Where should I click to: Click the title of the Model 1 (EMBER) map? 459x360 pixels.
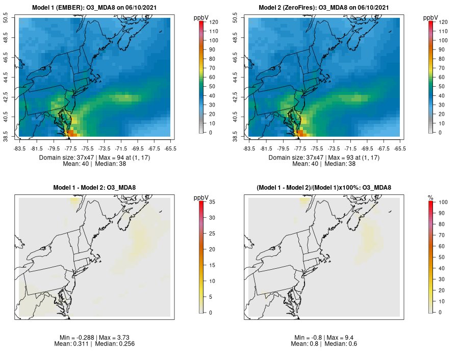click(96, 8)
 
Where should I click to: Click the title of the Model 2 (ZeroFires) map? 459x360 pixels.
click(325, 8)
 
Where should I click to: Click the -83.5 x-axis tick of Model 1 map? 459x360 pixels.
click(20, 148)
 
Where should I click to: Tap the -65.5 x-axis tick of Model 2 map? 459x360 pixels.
click(400, 148)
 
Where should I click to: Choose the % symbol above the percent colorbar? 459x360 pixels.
click(430, 197)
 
